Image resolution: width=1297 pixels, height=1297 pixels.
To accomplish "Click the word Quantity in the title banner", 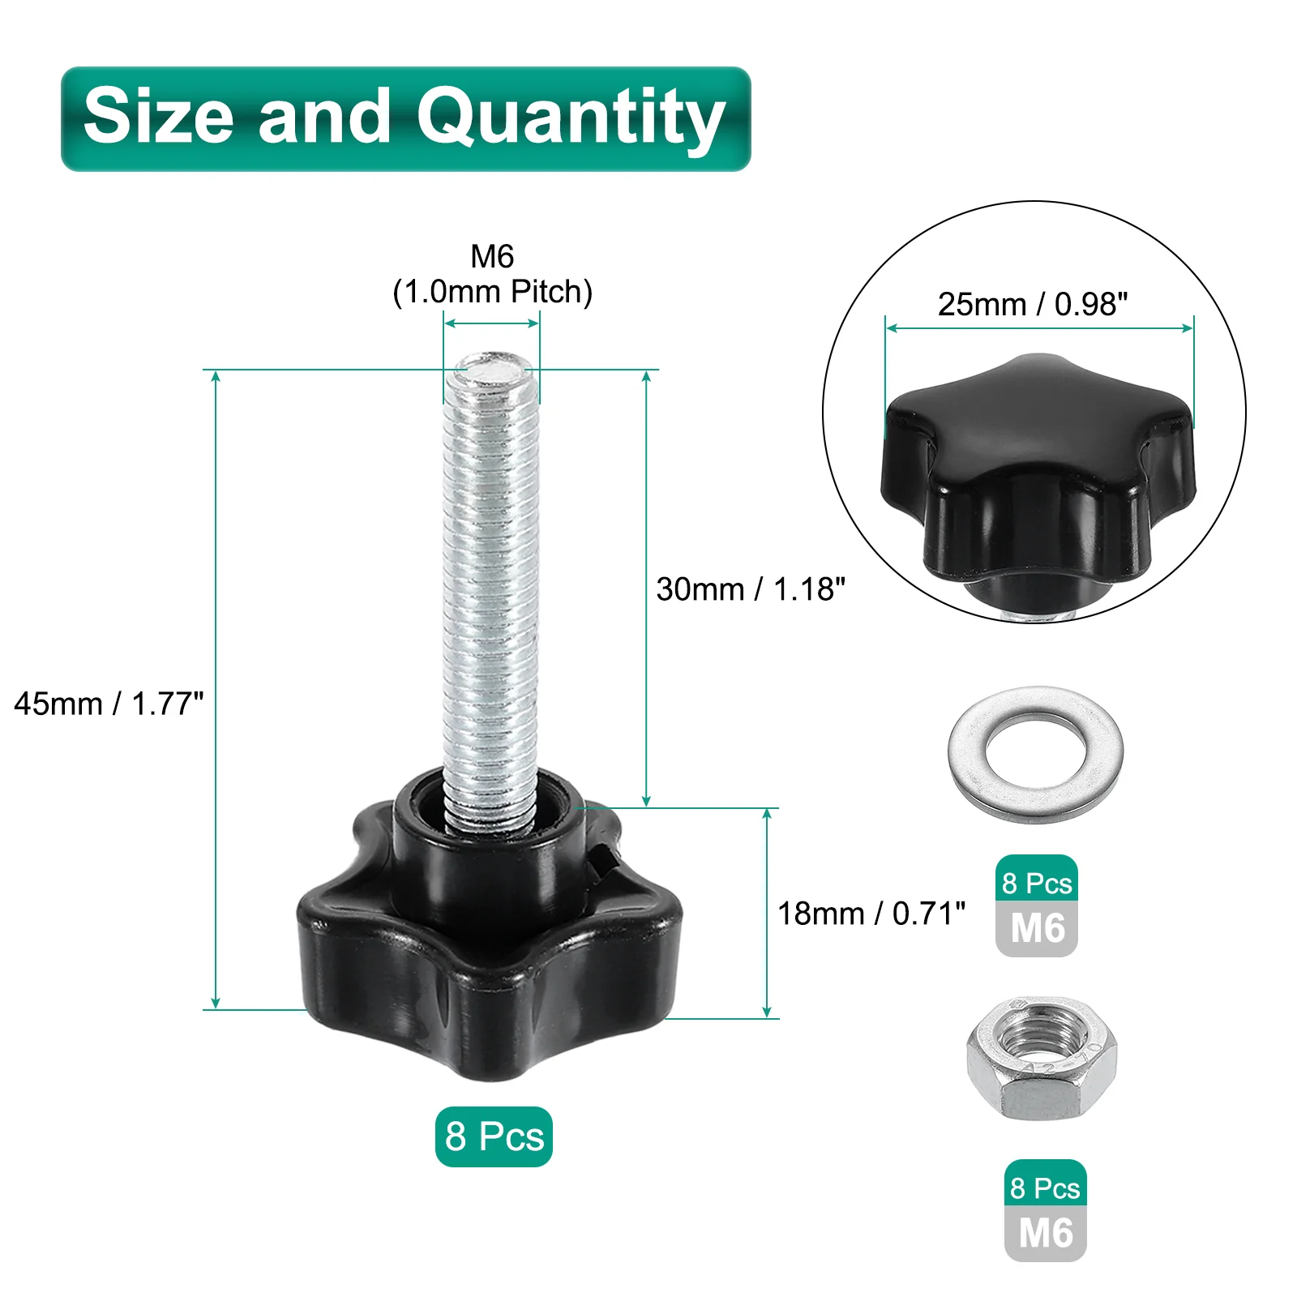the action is point(571,120).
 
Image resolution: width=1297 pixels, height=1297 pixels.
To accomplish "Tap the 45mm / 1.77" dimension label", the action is point(109,704).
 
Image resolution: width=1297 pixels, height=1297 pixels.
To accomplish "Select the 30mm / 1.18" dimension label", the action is point(751,589).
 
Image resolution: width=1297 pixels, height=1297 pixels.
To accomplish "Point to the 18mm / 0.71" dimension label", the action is point(871,914).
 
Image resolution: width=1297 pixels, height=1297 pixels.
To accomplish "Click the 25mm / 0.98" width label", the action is point(1033,304).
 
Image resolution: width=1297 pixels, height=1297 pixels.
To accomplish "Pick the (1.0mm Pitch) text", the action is point(492,292).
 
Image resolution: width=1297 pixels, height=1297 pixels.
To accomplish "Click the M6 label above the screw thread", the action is point(492,256).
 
